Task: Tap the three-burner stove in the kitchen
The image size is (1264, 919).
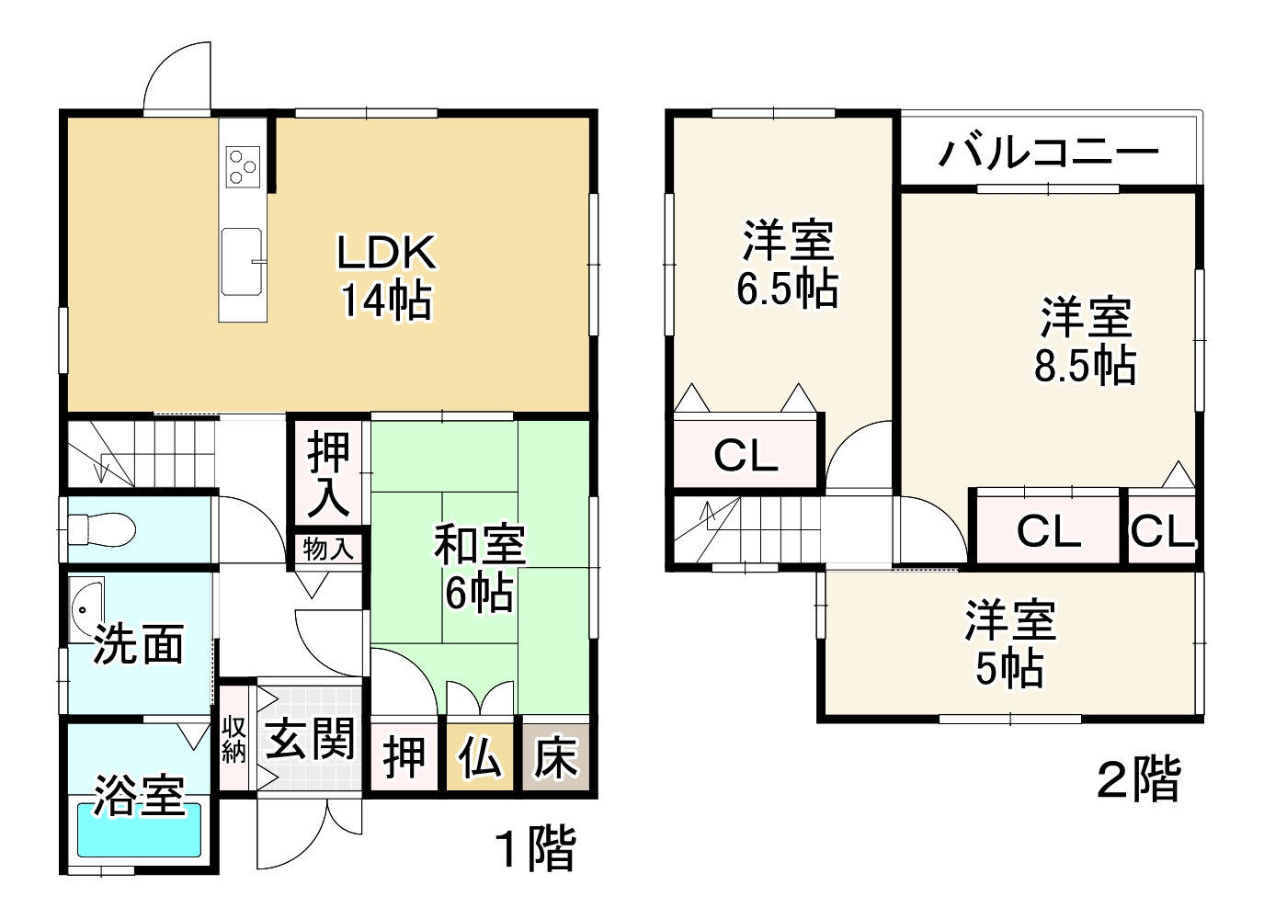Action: pos(243,166)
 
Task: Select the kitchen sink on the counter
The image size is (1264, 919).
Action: pos(243,261)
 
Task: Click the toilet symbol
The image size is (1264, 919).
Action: pos(101,529)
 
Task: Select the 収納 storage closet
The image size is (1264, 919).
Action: pos(233,739)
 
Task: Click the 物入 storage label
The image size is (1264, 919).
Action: pos(328,550)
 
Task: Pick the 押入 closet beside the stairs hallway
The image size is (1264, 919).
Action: pos(328,473)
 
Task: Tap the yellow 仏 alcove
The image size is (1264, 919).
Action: pos(480,758)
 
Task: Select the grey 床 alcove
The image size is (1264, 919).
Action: pos(555,758)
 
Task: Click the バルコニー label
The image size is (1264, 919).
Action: pos(1048,151)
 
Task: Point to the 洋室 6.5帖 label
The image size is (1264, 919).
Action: pos(787,264)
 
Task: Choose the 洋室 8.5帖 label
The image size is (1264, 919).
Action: pos(1085,340)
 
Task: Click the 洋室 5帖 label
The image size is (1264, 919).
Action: pos(1009,643)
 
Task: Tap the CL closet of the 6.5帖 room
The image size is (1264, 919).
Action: pos(746,454)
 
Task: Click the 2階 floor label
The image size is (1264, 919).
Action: pos(1138,780)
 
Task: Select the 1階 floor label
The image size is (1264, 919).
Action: pos(535,849)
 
